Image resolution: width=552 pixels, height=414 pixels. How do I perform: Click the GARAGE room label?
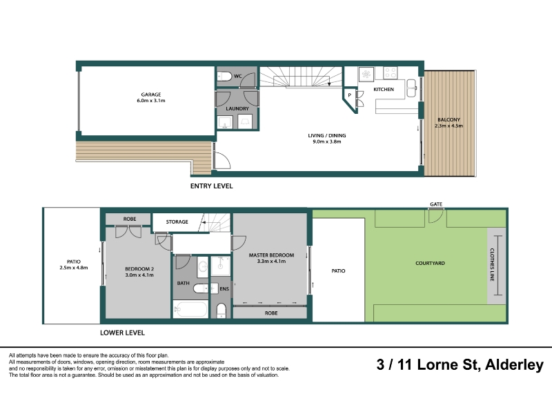pos(151,95)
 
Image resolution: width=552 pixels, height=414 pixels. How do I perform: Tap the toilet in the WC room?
pos(224,76)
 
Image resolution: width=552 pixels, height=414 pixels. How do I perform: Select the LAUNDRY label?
pos(237,108)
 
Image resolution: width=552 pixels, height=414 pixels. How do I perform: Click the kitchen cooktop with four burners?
pos(391,73)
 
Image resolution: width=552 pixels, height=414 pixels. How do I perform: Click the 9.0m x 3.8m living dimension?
pos(327,141)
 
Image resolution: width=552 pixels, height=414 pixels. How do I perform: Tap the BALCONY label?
pos(449,119)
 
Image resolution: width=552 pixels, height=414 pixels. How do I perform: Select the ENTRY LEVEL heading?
pos(212,186)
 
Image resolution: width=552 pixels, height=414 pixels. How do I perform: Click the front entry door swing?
pos(222,160)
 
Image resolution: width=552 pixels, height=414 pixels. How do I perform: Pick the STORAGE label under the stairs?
pos(177,221)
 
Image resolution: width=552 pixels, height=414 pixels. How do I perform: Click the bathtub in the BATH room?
pos(190,310)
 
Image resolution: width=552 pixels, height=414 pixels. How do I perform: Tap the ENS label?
pos(224,288)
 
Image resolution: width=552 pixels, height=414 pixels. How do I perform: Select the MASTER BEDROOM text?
pos(271,255)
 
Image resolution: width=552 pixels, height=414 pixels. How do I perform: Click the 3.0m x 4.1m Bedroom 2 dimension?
pos(139,275)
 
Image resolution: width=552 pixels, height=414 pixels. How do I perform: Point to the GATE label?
pos(436,204)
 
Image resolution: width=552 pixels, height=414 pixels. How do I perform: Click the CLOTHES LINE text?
pos(492,265)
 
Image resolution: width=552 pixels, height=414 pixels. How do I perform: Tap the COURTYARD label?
pos(430,263)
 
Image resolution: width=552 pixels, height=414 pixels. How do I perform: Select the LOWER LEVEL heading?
pos(123,333)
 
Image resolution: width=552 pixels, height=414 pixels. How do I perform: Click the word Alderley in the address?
pos(514,365)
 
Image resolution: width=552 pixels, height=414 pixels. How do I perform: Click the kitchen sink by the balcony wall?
pos(411,88)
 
